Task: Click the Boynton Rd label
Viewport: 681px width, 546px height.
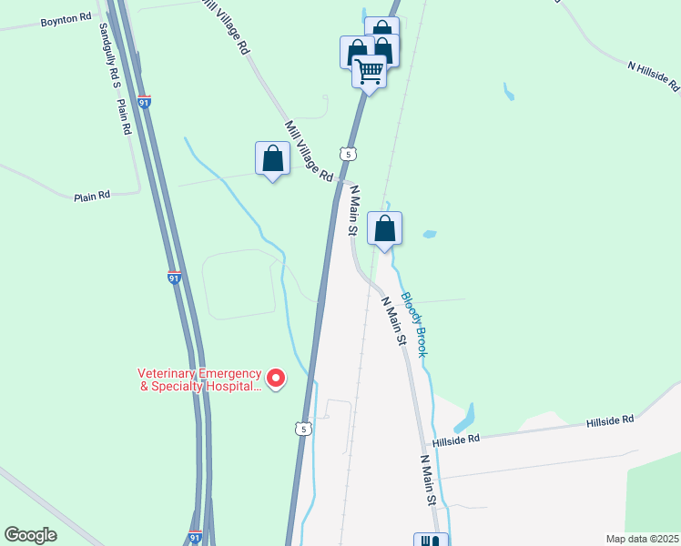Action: [66, 19]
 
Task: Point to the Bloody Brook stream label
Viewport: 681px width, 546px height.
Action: [414, 324]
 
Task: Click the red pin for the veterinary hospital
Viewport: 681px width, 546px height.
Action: [274, 377]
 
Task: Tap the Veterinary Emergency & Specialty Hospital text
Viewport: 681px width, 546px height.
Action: [199, 380]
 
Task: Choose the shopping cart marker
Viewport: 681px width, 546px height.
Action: [369, 70]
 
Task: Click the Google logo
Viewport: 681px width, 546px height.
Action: [30, 535]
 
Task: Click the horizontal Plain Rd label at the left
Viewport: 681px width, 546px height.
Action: [92, 195]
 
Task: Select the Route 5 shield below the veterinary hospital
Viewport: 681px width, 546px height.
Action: [303, 428]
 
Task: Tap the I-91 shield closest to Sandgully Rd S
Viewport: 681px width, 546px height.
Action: [145, 103]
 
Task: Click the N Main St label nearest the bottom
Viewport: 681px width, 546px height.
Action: [429, 481]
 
